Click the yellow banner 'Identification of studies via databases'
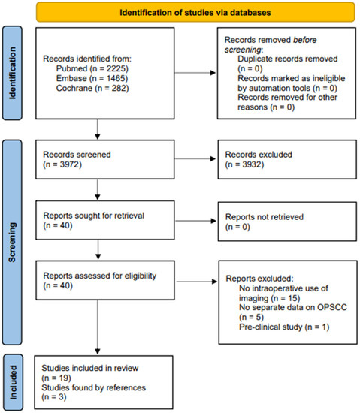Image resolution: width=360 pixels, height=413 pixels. click(x=185, y=11)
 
